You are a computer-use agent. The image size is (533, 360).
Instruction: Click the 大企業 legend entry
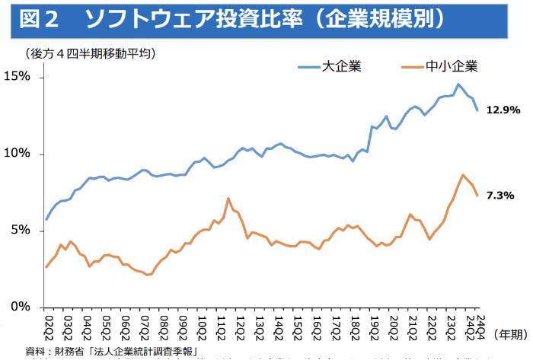(x=340, y=66)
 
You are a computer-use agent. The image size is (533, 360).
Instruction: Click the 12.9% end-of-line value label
(x=503, y=110)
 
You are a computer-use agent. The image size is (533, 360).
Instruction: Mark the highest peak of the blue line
(x=458, y=84)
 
